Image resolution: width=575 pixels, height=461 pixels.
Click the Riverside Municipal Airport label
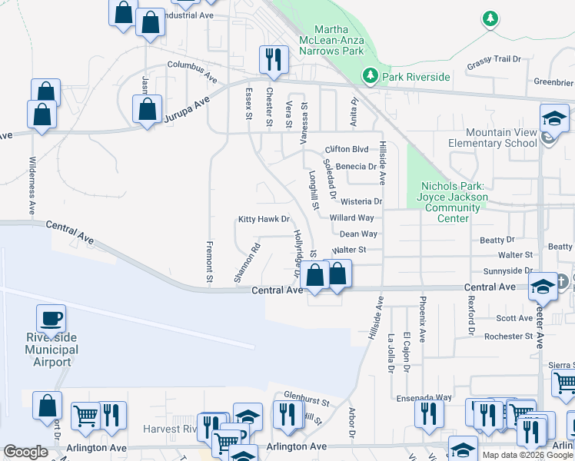48,350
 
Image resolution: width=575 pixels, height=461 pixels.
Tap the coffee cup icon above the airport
51,318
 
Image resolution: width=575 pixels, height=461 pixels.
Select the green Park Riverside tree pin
370,75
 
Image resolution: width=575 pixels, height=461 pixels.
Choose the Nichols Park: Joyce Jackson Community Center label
454,202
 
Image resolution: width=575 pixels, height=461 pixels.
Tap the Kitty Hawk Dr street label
263,219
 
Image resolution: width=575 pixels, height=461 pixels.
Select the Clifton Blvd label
347,149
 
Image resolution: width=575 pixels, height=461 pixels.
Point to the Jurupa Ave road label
186,110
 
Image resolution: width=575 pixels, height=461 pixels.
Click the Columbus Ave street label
193,71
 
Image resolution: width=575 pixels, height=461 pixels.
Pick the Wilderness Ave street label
32,184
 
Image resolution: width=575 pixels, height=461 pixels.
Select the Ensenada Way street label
430,397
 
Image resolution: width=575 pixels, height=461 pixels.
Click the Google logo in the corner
25,452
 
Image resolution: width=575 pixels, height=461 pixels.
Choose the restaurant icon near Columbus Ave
272,58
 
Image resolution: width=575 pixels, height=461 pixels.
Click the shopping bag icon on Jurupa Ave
147,108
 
